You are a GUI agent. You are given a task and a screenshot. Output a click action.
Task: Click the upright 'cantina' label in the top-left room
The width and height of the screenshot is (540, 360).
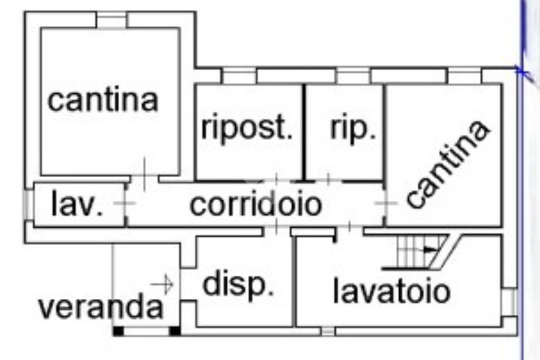tap(103, 100)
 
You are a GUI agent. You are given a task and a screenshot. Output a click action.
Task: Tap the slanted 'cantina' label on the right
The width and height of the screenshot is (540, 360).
tap(448, 164)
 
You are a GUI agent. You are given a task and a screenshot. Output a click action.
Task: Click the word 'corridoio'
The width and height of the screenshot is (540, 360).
tap(256, 205)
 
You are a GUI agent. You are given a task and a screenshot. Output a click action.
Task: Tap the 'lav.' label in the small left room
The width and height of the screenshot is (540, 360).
tap(77, 205)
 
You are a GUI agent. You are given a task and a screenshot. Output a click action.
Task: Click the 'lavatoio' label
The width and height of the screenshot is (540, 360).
tap(391, 291)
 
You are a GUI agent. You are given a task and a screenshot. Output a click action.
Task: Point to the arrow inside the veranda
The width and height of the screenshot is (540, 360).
tap(163, 285)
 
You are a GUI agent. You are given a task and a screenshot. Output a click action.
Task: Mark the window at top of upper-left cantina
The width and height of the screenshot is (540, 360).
tap(111, 20)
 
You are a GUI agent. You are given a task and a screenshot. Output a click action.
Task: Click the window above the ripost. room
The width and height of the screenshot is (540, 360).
tap(239, 76)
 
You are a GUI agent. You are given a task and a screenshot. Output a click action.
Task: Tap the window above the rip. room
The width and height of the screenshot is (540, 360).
tap(353, 76)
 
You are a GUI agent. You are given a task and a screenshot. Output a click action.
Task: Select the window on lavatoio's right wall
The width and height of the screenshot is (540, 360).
tap(509, 302)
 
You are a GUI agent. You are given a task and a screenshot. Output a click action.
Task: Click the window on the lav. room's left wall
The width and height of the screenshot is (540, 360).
tap(28, 205)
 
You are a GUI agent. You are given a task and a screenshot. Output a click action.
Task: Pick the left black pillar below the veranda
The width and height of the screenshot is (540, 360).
tap(119, 331)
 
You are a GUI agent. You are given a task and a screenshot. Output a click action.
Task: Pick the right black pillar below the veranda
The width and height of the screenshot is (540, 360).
tap(175, 331)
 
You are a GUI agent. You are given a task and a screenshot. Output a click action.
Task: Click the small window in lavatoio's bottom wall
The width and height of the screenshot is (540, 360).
tap(327, 331)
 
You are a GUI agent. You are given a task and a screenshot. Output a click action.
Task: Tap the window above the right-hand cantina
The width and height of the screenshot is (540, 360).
tap(465, 76)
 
